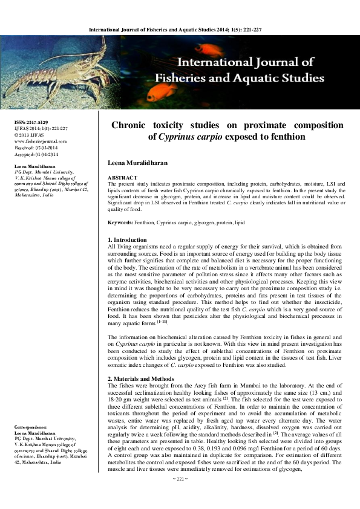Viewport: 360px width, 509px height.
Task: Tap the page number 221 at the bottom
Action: (x=180, y=496)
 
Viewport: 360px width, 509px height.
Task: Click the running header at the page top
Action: (x=179, y=29)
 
